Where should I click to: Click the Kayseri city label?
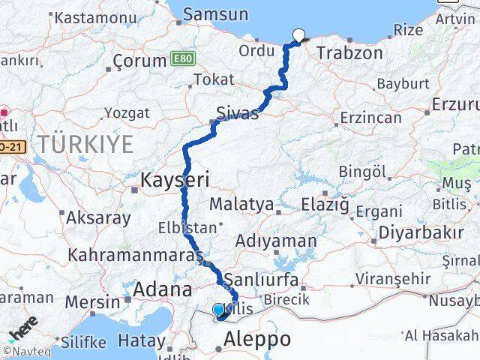pyautogui.click(x=175, y=179)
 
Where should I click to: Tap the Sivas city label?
pyautogui.click(x=237, y=113)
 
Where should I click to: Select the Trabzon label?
pyautogui.click(x=349, y=53)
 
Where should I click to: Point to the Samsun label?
pyautogui.click(x=215, y=13)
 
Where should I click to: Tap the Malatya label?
pyautogui.click(x=241, y=203)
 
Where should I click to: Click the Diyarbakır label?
pyautogui.click(x=419, y=232)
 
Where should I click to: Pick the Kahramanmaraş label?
pyautogui.click(x=135, y=256)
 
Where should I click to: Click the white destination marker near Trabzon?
pyautogui.click(x=299, y=34)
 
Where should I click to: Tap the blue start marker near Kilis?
pyautogui.click(x=218, y=310)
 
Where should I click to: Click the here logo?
pyautogui.click(x=23, y=330)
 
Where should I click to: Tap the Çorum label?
pyautogui.click(x=138, y=61)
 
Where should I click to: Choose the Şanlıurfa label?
pyautogui.click(x=267, y=280)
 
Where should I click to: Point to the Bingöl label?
pyautogui.click(x=361, y=172)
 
